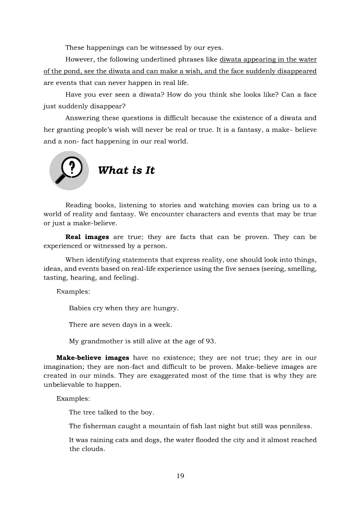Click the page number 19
(x=180, y=475)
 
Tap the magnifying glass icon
(x=69, y=170)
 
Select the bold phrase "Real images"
(x=87, y=237)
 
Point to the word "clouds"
(x=92, y=449)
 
